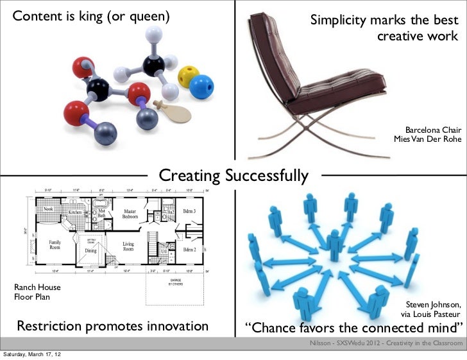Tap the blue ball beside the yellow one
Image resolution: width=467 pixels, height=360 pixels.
coord(203,85)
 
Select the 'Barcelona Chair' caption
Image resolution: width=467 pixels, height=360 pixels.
coord(433,130)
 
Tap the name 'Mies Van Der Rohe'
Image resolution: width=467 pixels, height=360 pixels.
coord(427,140)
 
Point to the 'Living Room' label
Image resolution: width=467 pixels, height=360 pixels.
coord(129,247)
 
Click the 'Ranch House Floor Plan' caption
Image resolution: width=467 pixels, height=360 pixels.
coord(37,293)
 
